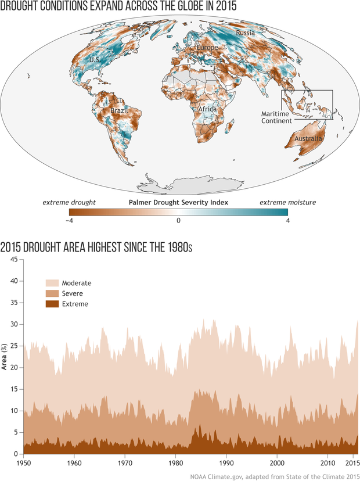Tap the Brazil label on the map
pyautogui.click(x=120, y=110)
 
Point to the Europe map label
pyautogui.click(x=207, y=47)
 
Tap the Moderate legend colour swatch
pyautogui.click(x=52, y=283)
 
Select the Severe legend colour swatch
pyautogui.click(x=52, y=293)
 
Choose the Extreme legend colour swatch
pyautogui.click(x=52, y=304)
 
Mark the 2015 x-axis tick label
pyautogui.click(x=350, y=465)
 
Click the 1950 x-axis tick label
pyautogui.click(x=23, y=465)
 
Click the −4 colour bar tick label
pyautogui.click(x=69, y=221)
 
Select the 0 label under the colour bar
pyautogui.click(x=179, y=221)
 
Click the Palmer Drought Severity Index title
pyautogui.click(x=178, y=202)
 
